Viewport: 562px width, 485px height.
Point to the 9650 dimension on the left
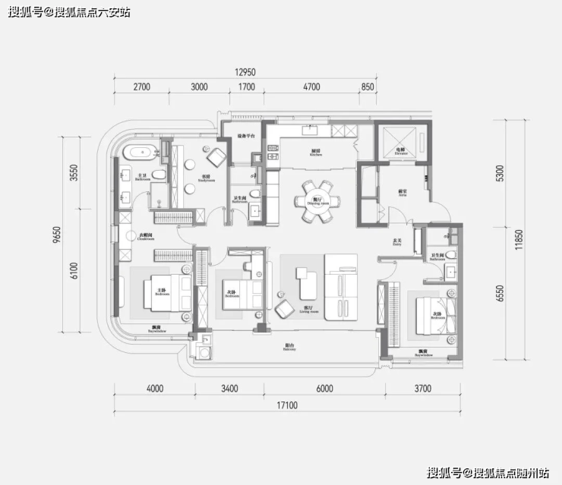coord(58,235)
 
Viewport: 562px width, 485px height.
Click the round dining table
coord(315,200)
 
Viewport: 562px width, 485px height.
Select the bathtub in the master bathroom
coord(142,152)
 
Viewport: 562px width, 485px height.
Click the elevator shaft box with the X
coord(400,140)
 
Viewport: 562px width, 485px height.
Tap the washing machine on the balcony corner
coord(203,351)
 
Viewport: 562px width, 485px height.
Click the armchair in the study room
coord(215,157)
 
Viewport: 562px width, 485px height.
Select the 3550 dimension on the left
coord(74,173)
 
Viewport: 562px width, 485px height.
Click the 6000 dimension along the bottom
coord(324,389)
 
